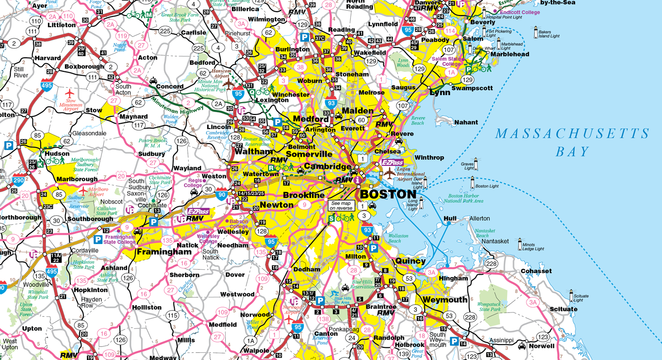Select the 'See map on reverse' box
coord(341,205)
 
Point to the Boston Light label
coord(486,186)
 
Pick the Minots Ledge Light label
coord(533,246)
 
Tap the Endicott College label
coord(520,12)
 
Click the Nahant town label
coord(466,122)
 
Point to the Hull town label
coord(450,219)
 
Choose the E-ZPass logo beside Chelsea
coord(392,163)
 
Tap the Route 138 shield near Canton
coord(324,319)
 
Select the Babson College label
coord(239,224)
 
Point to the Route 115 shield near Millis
coord(172,315)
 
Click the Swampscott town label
coord(472,88)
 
